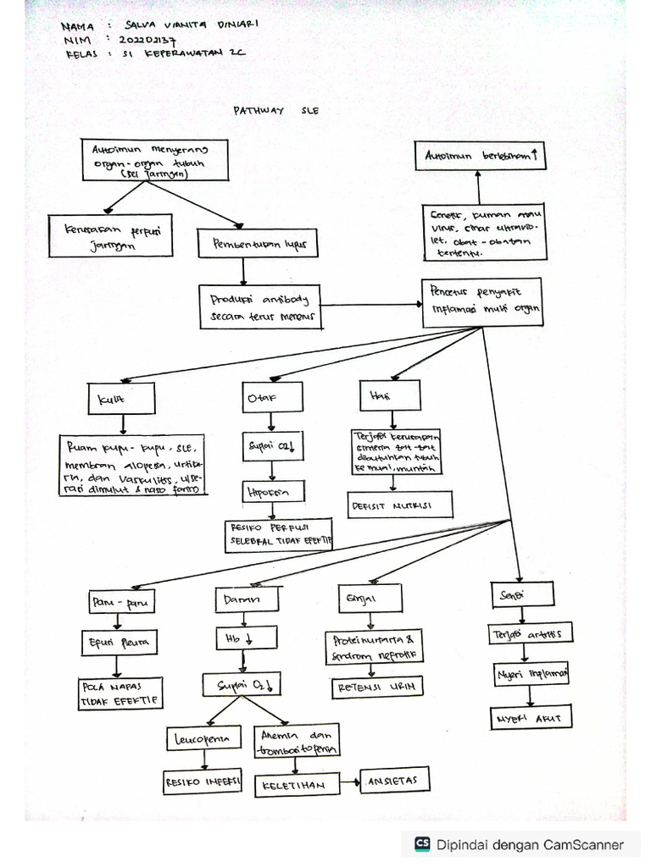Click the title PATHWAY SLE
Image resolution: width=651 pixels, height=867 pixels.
276,111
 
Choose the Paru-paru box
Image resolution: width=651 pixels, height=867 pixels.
120,602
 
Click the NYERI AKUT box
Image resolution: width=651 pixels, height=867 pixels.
531,719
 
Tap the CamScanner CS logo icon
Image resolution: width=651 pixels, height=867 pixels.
421,843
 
